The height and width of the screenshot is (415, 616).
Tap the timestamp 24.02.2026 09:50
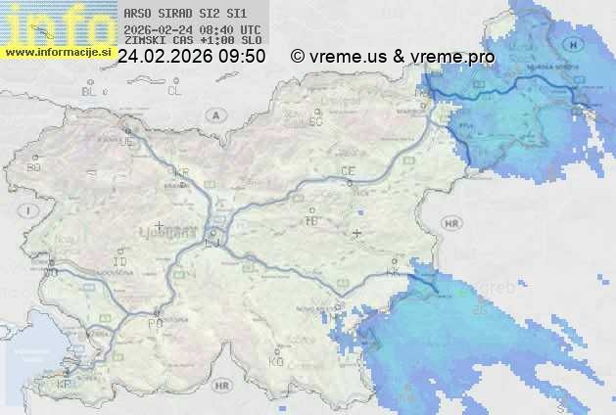coord(191,57)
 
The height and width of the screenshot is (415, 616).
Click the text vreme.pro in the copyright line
coord(451,57)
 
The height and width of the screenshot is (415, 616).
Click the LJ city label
coord(214,245)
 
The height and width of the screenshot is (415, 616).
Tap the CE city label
coord(348,171)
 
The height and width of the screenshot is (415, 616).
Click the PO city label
coord(154,322)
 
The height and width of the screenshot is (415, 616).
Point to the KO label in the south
coord(276,361)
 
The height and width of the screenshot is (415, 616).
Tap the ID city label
coord(120,262)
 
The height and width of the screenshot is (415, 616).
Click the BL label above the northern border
coord(90,91)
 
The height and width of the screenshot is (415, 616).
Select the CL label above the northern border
coord(174,91)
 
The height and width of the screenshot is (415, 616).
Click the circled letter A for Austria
coord(213,114)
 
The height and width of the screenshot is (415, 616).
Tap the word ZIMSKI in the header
coord(141,41)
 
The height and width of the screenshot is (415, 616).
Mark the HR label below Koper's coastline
coord(221,387)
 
